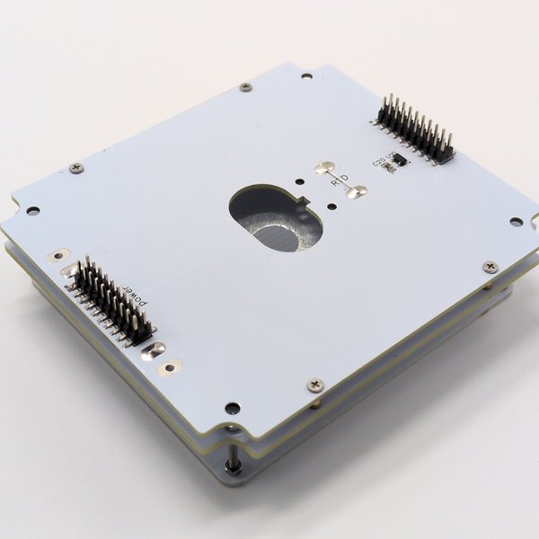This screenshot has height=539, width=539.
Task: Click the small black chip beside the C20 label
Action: point(401,160)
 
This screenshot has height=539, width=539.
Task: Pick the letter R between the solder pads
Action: point(334,182)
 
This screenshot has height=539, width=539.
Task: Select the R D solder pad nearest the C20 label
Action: point(357,191)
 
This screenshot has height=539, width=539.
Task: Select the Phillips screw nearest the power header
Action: point(76,168)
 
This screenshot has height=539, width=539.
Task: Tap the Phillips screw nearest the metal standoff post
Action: point(314,384)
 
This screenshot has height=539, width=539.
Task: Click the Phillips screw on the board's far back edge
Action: point(245,87)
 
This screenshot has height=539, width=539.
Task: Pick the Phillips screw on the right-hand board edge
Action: point(490,267)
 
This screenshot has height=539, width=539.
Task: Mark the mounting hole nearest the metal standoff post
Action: point(233,408)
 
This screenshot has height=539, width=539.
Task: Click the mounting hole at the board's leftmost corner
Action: point(33,211)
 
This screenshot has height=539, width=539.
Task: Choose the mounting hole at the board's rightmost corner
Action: point(516,221)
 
